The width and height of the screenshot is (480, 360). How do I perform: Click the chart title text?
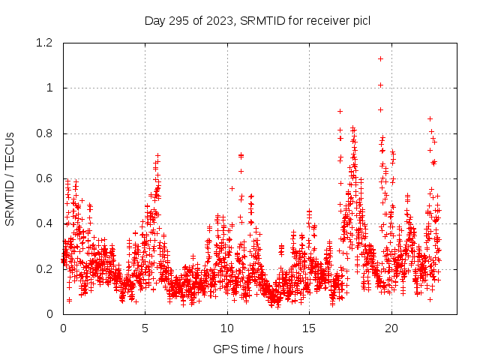(x=257, y=20)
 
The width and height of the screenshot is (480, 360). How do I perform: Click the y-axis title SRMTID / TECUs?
(x=10, y=179)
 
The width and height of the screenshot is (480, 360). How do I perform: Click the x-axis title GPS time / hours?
(x=257, y=349)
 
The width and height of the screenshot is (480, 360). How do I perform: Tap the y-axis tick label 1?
(x=49, y=88)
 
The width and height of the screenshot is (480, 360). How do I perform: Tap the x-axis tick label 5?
(x=145, y=328)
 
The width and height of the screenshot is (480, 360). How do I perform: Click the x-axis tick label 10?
(x=226, y=328)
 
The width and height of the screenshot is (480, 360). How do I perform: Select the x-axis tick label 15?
(x=308, y=328)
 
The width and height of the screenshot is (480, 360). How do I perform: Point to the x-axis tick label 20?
(x=390, y=328)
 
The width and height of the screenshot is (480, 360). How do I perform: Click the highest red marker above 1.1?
(x=381, y=58)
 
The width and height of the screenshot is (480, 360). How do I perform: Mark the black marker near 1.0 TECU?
(x=381, y=85)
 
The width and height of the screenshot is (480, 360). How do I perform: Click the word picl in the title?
(x=360, y=20)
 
